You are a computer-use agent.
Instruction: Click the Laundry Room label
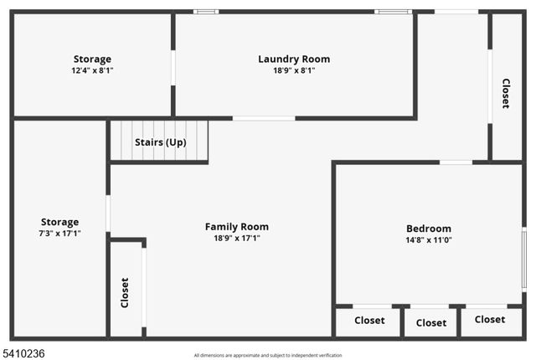(x=293, y=59)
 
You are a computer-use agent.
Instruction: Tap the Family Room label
(x=237, y=226)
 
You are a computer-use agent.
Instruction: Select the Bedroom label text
(x=429, y=229)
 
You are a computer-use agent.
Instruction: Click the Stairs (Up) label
(x=160, y=142)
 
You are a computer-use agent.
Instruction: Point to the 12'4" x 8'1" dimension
(x=92, y=71)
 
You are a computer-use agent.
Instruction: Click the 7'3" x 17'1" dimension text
(x=59, y=234)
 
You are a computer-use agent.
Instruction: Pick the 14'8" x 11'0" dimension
(x=429, y=240)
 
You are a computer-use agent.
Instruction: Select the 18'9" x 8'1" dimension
(x=293, y=70)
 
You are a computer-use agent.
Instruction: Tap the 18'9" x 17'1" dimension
(x=237, y=238)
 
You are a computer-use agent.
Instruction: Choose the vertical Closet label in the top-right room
(x=506, y=93)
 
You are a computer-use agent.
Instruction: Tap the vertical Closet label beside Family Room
(x=126, y=293)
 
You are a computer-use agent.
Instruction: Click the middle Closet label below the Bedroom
(x=431, y=322)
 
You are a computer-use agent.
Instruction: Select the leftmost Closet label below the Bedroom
(x=369, y=321)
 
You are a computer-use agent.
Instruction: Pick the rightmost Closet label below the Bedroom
(x=490, y=319)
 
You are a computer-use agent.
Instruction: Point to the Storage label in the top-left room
(x=92, y=59)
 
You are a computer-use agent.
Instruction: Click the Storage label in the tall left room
(x=59, y=222)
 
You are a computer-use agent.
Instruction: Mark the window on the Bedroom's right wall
(x=524, y=260)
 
